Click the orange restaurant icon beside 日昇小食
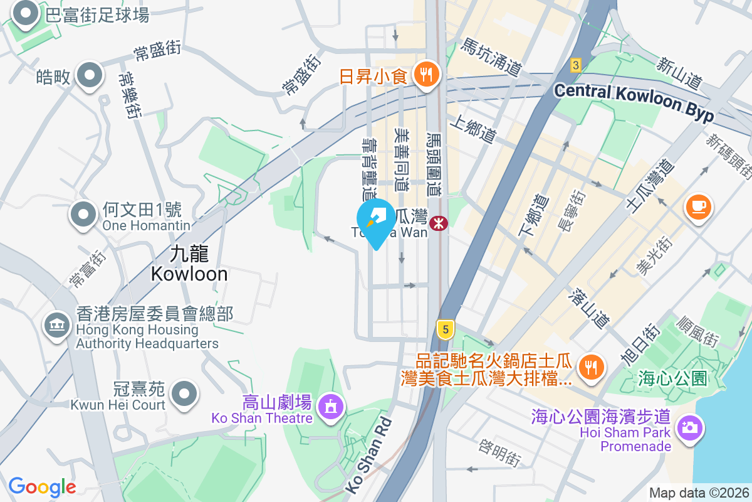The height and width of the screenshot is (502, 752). point(427,75)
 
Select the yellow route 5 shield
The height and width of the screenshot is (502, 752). point(445,328)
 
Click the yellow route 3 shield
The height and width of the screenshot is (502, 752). point(576,64)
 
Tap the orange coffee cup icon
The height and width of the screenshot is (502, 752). point(699,206)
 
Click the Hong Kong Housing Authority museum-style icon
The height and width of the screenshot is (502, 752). point(57,325)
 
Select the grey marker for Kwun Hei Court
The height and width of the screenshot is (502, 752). point(184,393)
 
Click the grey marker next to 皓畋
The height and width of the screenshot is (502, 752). point(90,75)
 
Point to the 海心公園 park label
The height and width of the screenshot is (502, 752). point(673,378)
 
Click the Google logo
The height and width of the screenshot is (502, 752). point(42,486)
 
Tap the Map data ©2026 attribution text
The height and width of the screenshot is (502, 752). point(698,493)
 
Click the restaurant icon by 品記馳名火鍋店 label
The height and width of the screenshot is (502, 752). point(590,366)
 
